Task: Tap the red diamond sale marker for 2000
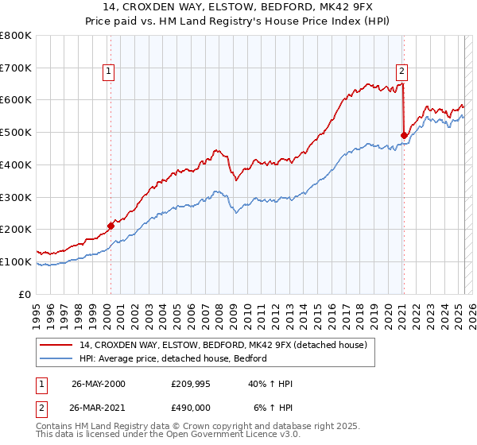click(111, 226)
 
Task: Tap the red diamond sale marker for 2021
click(404, 135)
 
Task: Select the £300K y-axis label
click(16, 197)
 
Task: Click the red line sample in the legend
click(56, 346)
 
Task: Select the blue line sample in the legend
click(56, 358)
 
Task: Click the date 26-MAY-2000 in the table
click(98, 384)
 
